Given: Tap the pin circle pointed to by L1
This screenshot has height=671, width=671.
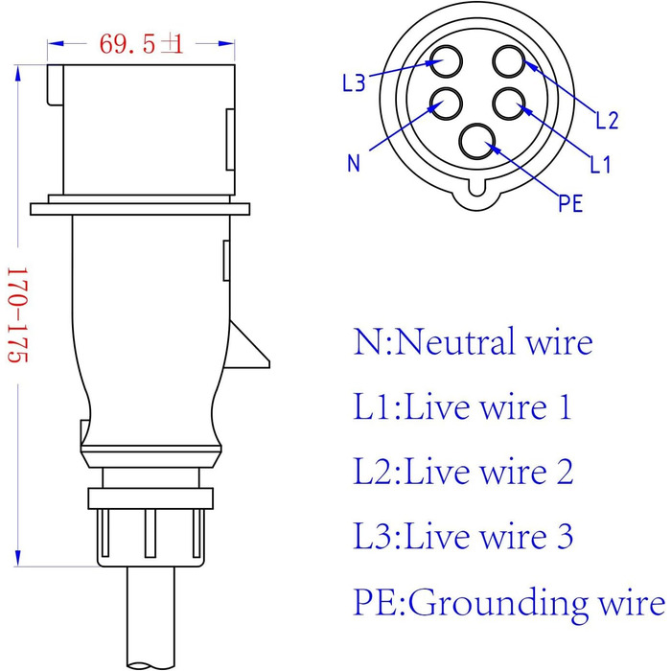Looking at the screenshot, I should (x=509, y=104).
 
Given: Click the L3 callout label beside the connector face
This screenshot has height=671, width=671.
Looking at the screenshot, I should (x=354, y=83).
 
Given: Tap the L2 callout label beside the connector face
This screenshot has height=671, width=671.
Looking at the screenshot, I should (x=607, y=121).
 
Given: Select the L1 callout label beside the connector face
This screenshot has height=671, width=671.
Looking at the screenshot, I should (x=600, y=164).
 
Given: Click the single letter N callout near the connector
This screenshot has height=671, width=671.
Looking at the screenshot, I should (x=354, y=163).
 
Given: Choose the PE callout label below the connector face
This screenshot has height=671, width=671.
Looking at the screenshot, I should (x=570, y=204).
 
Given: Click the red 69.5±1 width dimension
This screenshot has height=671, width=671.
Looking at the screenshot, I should (x=140, y=43).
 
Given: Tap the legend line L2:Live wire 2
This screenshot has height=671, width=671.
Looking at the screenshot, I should (x=463, y=472).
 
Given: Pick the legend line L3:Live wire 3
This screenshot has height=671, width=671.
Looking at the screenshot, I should (x=463, y=536).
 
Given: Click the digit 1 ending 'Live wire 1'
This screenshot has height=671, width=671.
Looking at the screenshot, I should (x=564, y=407).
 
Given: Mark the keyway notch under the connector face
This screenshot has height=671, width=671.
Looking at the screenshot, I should (x=477, y=196).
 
